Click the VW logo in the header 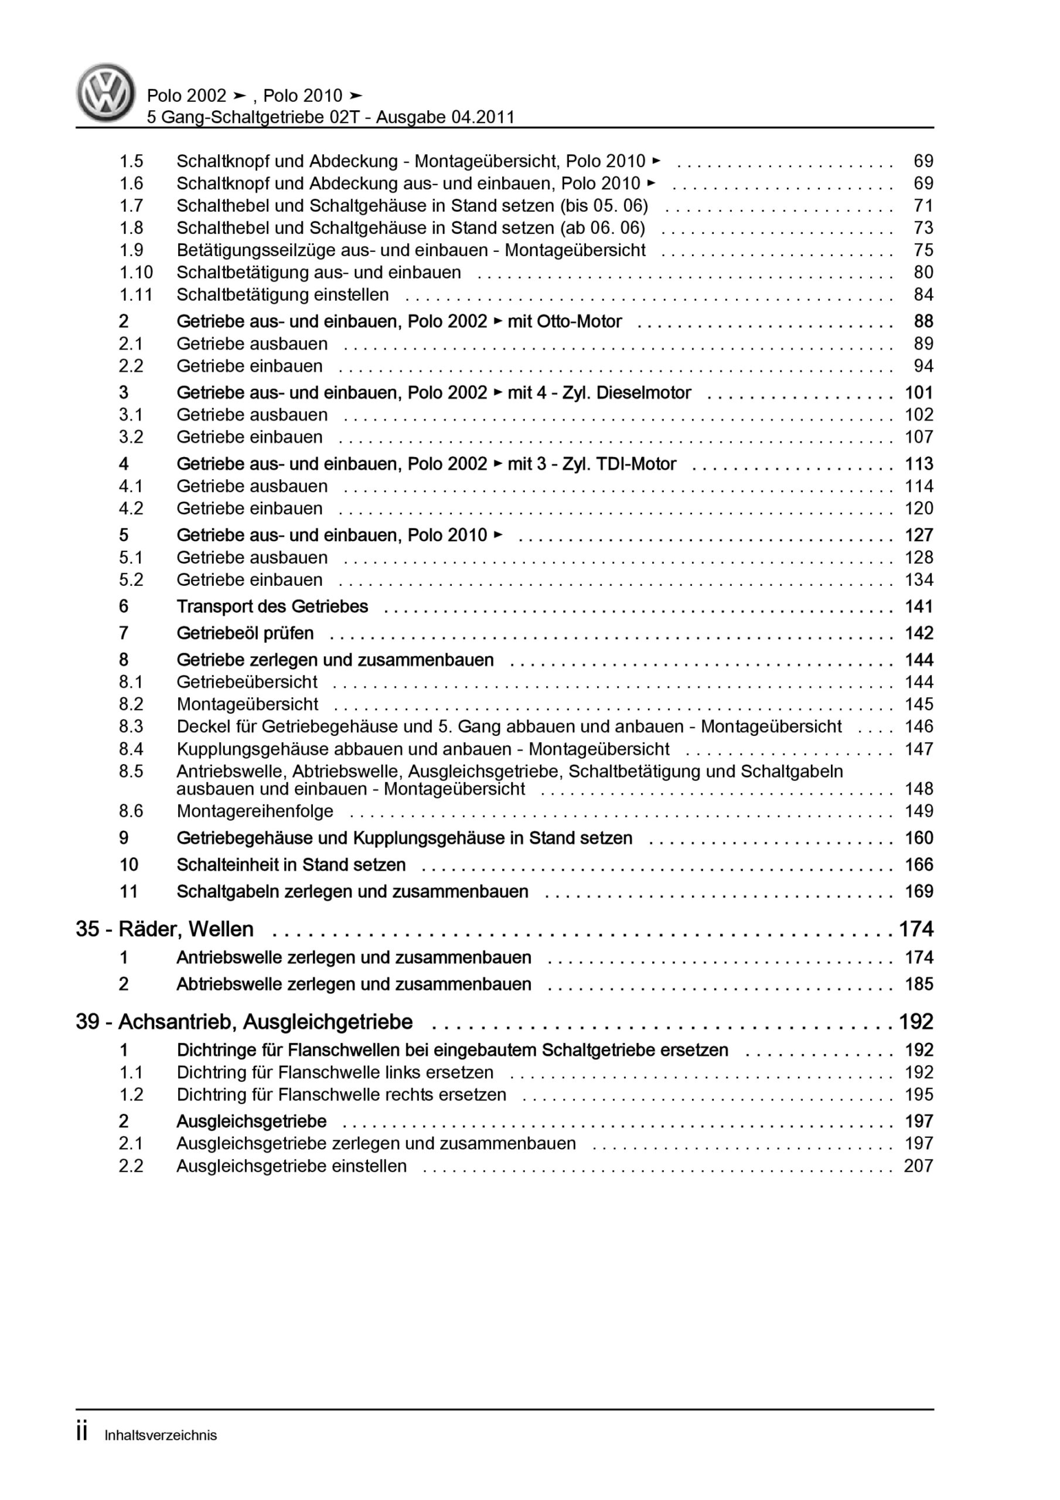point(106,93)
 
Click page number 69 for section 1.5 point(923,161)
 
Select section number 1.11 point(135,295)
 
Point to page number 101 point(918,393)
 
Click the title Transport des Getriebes point(272,606)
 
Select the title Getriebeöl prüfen point(245,633)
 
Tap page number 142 point(918,633)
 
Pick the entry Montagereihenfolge point(255,812)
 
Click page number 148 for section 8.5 point(918,789)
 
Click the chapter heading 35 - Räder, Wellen point(165,929)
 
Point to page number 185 point(918,984)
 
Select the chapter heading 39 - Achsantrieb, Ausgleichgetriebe point(244,1022)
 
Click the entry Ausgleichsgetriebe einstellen point(291,1166)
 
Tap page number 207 point(918,1166)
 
